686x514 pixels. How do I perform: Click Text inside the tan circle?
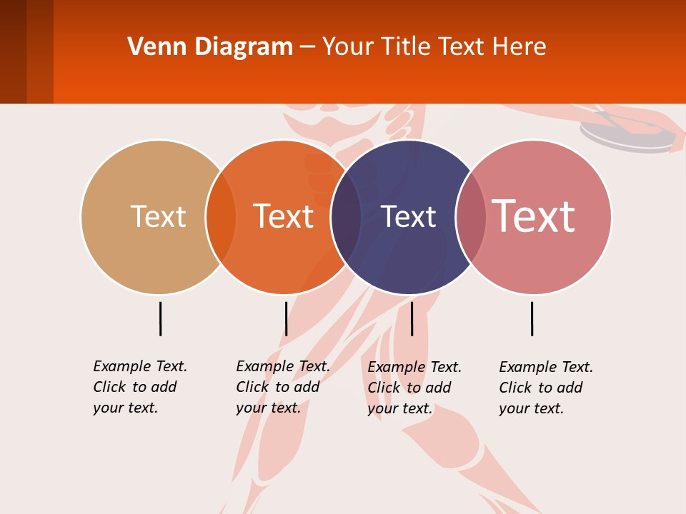[x=158, y=216]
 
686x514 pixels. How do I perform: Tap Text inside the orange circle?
[x=284, y=216]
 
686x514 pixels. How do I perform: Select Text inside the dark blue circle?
[x=408, y=216]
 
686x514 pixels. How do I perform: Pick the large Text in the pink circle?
[x=534, y=216]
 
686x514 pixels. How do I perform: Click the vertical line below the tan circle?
[x=160, y=318]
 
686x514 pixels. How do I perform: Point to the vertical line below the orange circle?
[x=286, y=318]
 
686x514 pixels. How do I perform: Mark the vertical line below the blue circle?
[x=412, y=318]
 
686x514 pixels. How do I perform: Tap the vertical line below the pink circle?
[x=532, y=318]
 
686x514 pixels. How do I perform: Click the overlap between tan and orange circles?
[x=221, y=216]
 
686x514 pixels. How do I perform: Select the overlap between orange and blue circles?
[x=346, y=216]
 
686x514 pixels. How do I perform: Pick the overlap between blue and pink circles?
[x=471, y=216]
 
